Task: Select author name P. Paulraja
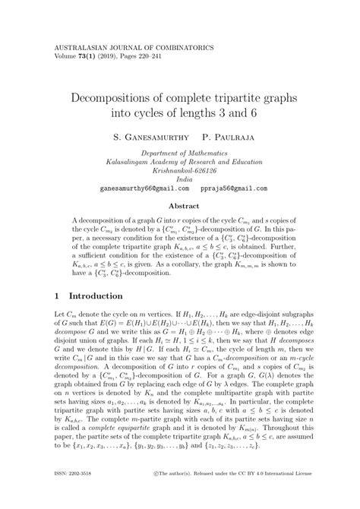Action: point(232,141)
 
